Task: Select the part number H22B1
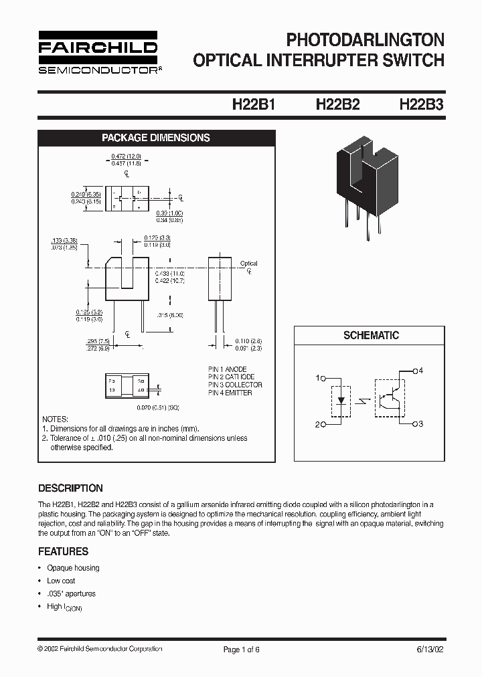click(254, 105)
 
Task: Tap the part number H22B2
click(337, 105)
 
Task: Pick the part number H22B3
click(421, 105)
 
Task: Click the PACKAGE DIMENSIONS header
click(155, 138)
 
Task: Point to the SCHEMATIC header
click(371, 335)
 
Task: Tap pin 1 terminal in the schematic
click(323, 378)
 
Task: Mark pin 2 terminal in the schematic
click(323, 424)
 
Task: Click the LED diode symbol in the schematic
click(341, 401)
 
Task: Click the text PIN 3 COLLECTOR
click(235, 385)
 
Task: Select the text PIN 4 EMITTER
click(230, 393)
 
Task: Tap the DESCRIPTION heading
click(70, 488)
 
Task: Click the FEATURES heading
click(63, 551)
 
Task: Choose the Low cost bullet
click(61, 581)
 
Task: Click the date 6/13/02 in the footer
click(429, 649)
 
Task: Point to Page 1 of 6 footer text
click(240, 649)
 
